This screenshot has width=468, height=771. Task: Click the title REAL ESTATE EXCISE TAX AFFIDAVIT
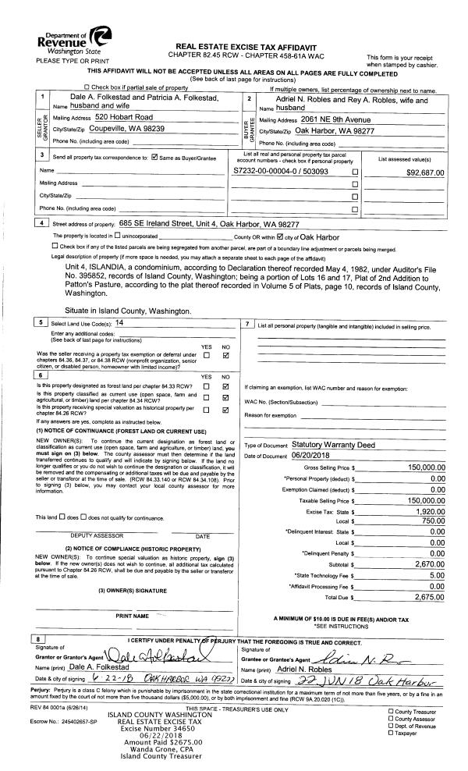[x=244, y=48]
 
